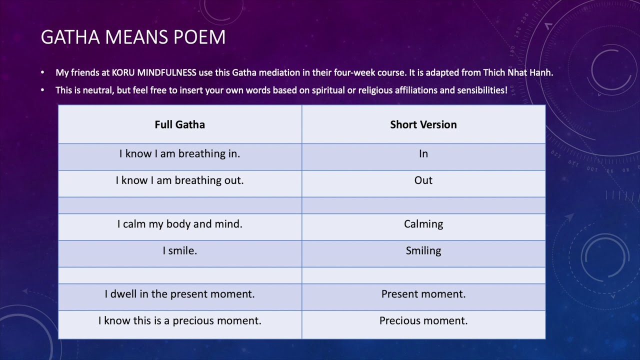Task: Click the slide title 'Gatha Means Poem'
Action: pyautogui.click(x=133, y=37)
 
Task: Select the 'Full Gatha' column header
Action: pyautogui.click(x=179, y=124)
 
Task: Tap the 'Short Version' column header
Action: pyautogui.click(x=423, y=124)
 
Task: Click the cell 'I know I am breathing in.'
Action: pyautogui.click(x=179, y=154)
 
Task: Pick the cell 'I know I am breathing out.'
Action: pyautogui.click(x=179, y=180)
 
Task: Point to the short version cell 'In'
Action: pyautogui.click(x=423, y=154)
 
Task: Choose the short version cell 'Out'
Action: pyautogui.click(x=423, y=180)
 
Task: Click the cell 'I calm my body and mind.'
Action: pyautogui.click(x=179, y=224)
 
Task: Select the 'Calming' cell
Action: pyautogui.click(x=423, y=224)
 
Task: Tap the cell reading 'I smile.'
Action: pyautogui.click(x=179, y=250)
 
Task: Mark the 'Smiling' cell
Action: pyautogui.click(x=423, y=250)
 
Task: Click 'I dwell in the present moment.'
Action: pyautogui.click(x=179, y=294)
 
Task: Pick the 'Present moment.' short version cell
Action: pyautogui.click(x=423, y=294)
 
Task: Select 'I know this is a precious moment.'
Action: pyautogui.click(x=179, y=320)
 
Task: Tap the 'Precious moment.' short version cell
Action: pyautogui.click(x=423, y=320)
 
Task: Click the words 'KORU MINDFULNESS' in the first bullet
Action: pyautogui.click(x=154, y=72)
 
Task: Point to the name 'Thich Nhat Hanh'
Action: pyautogui.click(x=517, y=72)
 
